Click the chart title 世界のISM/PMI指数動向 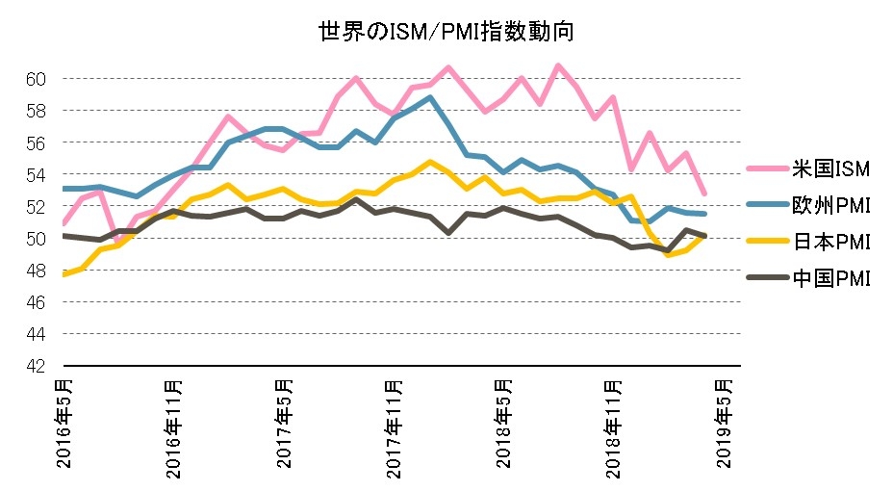(446, 32)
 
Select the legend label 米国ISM (832, 170)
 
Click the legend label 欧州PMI (832, 206)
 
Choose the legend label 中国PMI (832, 279)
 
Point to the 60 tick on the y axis (38, 79)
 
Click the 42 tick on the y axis (38, 367)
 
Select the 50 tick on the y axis (38, 239)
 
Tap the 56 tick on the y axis (38, 142)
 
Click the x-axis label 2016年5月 (64, 424)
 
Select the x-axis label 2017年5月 (286, 424)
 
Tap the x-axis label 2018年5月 (506, 424)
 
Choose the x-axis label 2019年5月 (728, 424)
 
